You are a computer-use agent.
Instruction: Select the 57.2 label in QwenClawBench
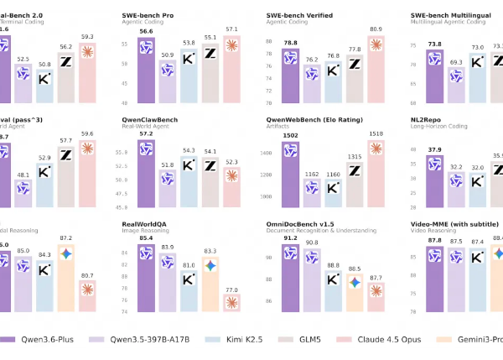143,133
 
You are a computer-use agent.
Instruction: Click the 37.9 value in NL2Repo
436,151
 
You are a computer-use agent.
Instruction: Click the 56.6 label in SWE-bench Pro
143,31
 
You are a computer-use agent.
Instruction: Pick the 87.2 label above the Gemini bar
65,238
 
